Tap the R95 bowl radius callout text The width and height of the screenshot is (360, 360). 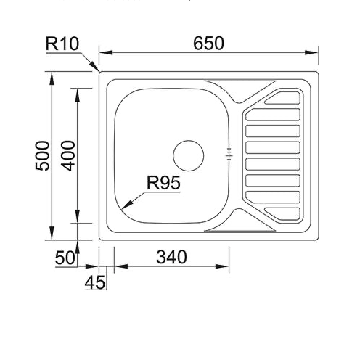(163, 184)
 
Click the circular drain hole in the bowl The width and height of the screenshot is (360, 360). (188, 154)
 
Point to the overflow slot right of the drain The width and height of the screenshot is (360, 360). (229, 154)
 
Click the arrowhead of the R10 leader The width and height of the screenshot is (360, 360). (97, 70)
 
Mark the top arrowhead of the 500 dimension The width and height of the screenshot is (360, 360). (52, 75)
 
